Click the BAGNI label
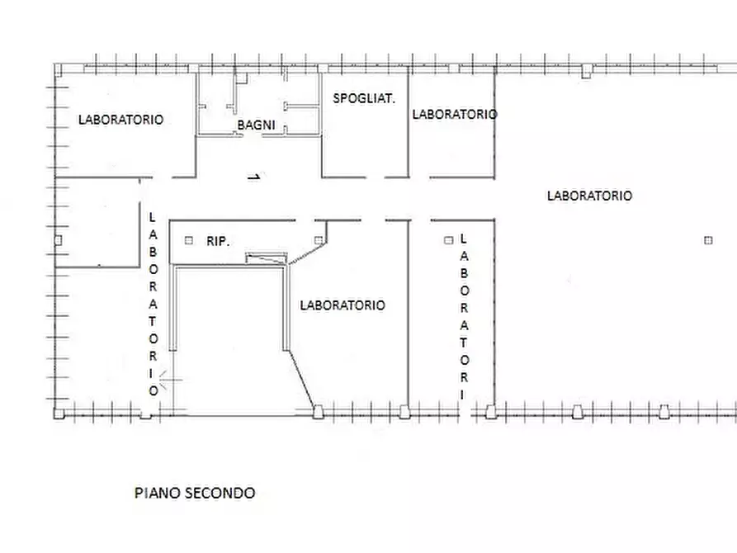tap(256, 125)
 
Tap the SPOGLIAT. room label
tap(364, 98)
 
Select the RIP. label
tap(218, 242)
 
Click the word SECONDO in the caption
tap(222, 493)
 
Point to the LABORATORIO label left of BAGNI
tap(120, 119)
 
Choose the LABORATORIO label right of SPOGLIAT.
tap(454, 114)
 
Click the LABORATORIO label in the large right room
tap(589, 196)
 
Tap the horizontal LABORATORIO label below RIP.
tap(342, 305)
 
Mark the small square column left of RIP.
tap(189, 240)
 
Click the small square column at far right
tap(708, 240)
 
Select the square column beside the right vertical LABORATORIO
tap(449, 240)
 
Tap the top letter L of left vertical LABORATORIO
tap(152, 218)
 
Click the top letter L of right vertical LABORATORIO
tap(464, 238)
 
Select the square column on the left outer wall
tap(57, 240)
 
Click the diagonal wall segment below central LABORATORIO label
tap(302, 379)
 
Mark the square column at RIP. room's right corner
tap(319, 240)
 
